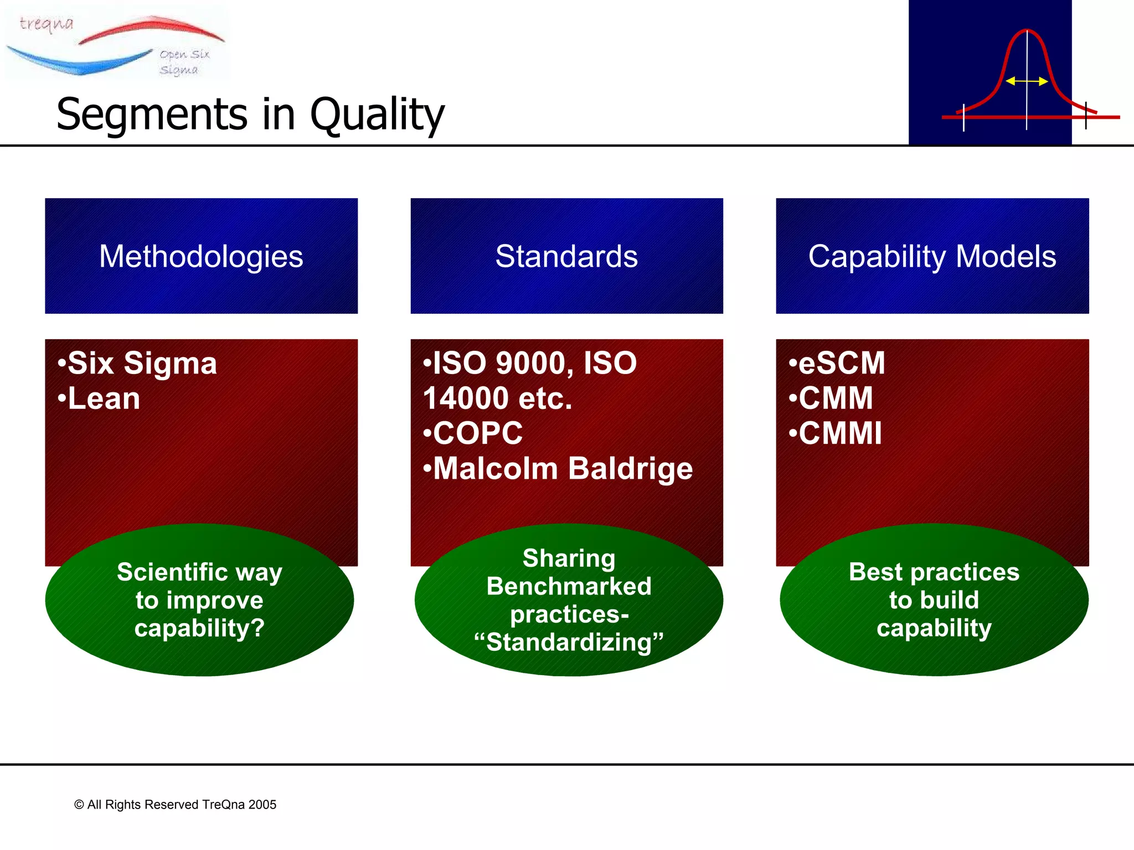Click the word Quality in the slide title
point(377,115)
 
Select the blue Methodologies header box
point(201,256)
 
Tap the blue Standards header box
point(566,256)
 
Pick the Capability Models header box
point(932,256)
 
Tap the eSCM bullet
point(838,364)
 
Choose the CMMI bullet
point(836,433)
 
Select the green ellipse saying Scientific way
point(199,600)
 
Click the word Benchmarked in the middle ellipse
point(569,587)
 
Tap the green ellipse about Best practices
point(934,600)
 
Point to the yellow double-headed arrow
point(1027,81)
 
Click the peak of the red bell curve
point(1027,31)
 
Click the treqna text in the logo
point(47,23)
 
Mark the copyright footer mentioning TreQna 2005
point(176,805)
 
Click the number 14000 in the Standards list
point(465,398)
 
